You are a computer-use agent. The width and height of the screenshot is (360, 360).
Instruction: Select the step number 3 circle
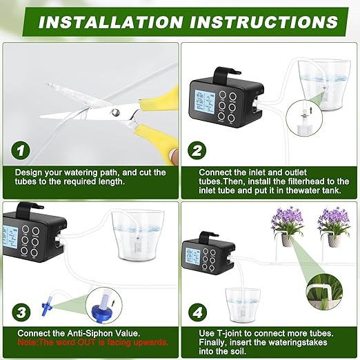coord(22,311)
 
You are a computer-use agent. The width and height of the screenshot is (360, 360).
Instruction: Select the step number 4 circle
coord(198,311)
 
